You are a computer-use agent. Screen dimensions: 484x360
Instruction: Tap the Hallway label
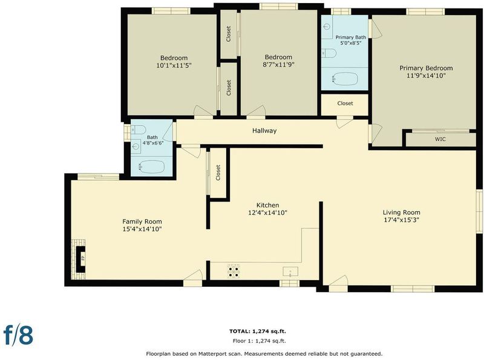click(x=264, y=131)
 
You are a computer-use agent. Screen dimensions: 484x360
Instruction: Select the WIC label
click(x=440, y=139)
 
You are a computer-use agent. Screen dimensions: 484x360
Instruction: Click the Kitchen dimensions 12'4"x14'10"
click(x=267, y=213)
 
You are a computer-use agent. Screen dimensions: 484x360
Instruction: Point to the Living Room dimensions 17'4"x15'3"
click(x=401, y=220)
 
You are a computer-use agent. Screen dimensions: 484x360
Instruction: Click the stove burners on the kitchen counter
click(x=234, y=271)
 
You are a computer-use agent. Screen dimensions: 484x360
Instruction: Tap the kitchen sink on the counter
click(x=290, y=272)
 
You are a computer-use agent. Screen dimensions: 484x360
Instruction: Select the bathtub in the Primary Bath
click(x=345, y=79)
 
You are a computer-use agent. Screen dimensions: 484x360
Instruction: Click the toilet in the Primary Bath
click(x=329, y=53)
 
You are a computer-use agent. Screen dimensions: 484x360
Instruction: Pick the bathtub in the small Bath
click(x=152, y=167)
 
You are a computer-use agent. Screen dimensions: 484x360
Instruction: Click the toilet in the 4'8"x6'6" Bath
click(x=139, y=129)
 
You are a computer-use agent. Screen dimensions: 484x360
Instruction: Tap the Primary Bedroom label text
click(x=426, y=68)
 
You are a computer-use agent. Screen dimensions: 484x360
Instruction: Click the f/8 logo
click(x=18, y=335)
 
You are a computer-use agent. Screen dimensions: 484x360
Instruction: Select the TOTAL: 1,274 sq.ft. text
click(x=258, y=332)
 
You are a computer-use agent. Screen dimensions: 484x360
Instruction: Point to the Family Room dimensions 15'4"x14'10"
click(x=142, y=229)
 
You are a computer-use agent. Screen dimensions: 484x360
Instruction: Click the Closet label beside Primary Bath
click(x=345, y=103)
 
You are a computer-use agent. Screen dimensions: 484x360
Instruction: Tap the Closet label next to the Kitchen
click(x=218, y=172)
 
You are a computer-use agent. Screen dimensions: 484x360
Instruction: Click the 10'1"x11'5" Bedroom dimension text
click(x=174, y=65)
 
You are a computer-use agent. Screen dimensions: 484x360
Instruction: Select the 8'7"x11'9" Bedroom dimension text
click(x=278, y=65)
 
